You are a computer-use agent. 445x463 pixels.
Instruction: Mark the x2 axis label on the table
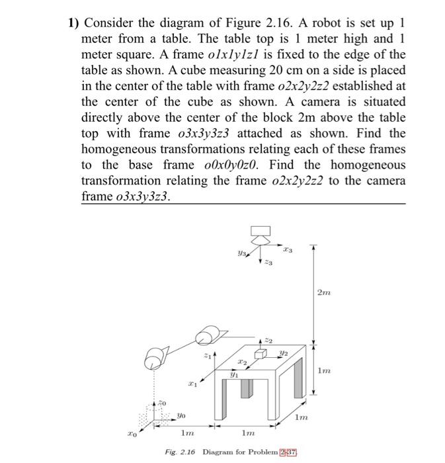coord(243,363)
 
